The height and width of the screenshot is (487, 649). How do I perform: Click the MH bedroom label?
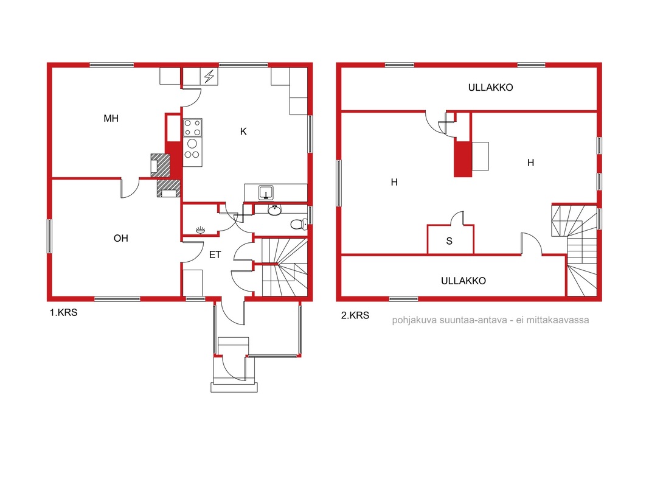pyautogui.click(x=111, y=119)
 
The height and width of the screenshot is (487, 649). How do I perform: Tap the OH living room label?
pyautogui.click(x=121, y=238)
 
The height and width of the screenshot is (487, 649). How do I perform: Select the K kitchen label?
pyautogui.click(x=243, y=131)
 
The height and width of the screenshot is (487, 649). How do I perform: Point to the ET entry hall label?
pyautogui.click(x=215, y=254)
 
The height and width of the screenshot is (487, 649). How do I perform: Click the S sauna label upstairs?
pyautogui.click(x=449, y=241)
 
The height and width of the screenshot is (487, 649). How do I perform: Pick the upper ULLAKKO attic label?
pyautogui.click(x=490, y=88)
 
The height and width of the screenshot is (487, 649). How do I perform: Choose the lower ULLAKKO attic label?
pyautogui.click(x=463, y=281)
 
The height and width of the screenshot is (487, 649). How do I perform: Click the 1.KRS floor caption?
pyautogui.click(x=64, y=313)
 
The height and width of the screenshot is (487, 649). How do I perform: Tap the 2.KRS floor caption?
pyautogui.click(x=355, y=315)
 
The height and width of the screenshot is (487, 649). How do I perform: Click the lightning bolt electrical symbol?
pyautogui.click(x=209, y=77)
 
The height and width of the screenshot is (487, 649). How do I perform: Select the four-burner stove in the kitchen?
pyautogui.click(x=192, y=128)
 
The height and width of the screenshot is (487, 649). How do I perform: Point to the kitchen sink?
pyautogui.click(x=266, y=192)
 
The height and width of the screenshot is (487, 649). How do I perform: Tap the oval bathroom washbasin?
pyautogui.click(x=274, y=211)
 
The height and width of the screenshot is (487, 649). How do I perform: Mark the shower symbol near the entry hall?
pyautogui.click(x=200, y=229)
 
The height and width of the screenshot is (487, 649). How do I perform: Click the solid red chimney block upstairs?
pyautogui.click(x=463, y=159)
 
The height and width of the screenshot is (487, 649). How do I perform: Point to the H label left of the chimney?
pyautogui.click(x=394, y=182)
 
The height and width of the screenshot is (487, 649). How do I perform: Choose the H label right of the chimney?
pyautogui.click(x=530, y=163)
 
